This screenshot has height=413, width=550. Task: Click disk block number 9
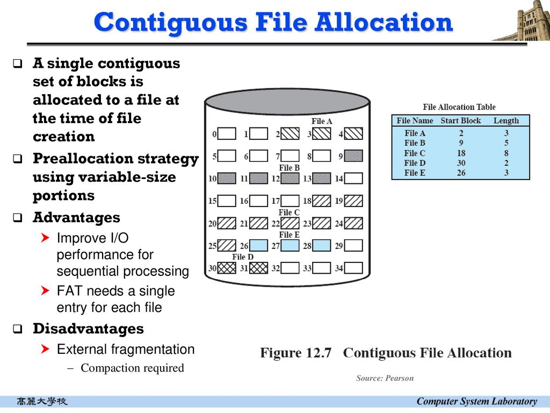pyautogui.click(x=353, y=156)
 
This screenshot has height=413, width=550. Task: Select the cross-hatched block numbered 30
pyautogui.click(x=227, y=267)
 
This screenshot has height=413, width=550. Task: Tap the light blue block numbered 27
pyautogui.click(x=290, y=245)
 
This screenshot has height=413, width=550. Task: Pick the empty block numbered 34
pyautogui.click(x=353, y=267)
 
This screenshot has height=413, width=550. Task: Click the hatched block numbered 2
pyautogui.click(x=290, y=133)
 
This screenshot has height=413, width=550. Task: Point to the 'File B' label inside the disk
pyautogui.click(x=289, y=168)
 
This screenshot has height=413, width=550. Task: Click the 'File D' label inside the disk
pyautogui.click(x=243, y=257)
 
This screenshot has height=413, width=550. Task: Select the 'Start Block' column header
pyautogui.click(x=460, y=120)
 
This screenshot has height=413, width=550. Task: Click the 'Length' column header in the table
pyautogui.click(x=506, y=120)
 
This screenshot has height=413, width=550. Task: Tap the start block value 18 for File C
pyautogui.click(x=460, y=153)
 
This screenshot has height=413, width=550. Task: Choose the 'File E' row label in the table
pyautogui.click(x=415, y=173)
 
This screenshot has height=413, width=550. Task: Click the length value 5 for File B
pyautogui.click(x=506, y=143)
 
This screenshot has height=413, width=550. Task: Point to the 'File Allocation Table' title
pyautogui.click(x=459, y=107)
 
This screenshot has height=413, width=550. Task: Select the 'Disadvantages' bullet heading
pyautogui.click(x=88, y=329)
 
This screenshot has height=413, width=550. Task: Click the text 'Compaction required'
pyautogui.click(x=132, y=368)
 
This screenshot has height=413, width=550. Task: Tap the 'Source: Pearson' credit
pyautogui.click(x=385, y=378)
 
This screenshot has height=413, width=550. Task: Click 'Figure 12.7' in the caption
pyautogui.click(x=296, y=353)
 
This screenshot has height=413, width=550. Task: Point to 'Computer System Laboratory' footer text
pyautogui.click(x=476, y=401)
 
